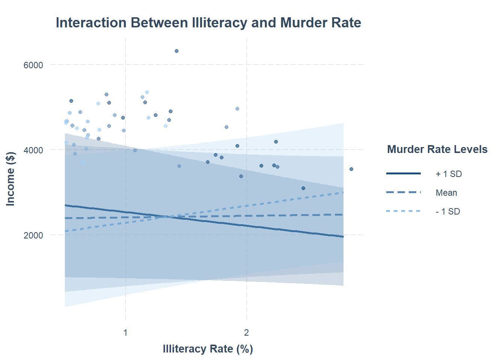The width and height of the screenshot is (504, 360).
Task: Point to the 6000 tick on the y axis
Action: pos(33,65)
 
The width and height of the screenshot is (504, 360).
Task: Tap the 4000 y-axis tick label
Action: pos(33,150)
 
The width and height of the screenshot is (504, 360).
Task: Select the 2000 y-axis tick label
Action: pos(33,235)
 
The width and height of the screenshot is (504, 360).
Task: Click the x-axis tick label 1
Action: pos(125,333)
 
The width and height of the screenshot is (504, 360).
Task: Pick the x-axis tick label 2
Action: pos(246,333)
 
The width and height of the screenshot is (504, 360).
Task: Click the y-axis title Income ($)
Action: pos(10,178)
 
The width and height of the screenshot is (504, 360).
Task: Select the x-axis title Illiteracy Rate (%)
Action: pos(208,349)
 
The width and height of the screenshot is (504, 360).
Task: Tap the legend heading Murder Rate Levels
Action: pos(437,149)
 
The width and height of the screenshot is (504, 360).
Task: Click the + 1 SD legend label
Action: pos(448,174)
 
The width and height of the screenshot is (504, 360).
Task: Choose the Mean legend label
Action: pos(446,193)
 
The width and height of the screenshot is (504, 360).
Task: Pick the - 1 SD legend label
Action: pos(448,211)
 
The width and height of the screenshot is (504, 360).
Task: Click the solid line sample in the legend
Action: pos(403,174)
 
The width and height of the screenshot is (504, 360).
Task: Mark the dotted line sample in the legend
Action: pos(403,211)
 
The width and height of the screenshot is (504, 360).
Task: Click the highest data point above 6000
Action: pos(177,51)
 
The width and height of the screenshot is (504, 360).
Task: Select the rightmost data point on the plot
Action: pos(351,169)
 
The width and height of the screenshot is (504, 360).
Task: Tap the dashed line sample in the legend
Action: pos(403,192)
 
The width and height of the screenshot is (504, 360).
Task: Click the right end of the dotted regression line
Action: pos(343,192)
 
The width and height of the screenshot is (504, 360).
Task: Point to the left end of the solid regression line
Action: pos(65,205)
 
